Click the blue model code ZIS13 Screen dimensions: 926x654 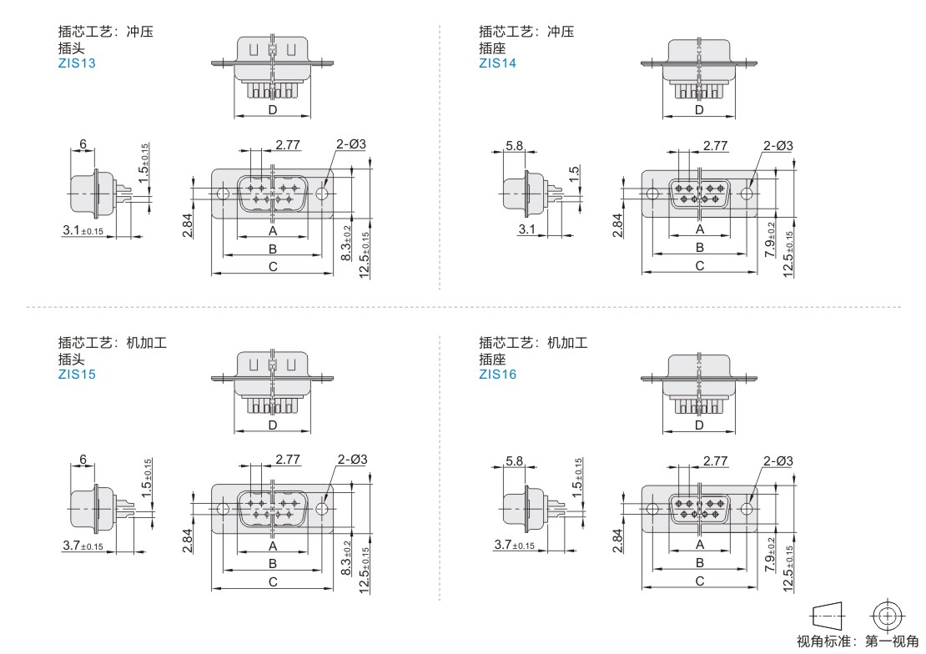tap(77, 63)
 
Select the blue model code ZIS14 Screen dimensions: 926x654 tap(497, 63)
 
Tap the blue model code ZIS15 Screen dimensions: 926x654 tap(77, 374)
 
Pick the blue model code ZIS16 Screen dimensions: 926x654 tap(497, 374)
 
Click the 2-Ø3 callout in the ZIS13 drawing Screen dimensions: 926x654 tap(351, 144)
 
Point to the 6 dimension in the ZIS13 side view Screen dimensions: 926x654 tap(83, 143)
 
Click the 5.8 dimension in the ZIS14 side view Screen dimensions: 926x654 tap(515, 145)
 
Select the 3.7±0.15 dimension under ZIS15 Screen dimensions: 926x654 tap(83, 546)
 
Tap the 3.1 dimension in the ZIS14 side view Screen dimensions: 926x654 tap(526, 229)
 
